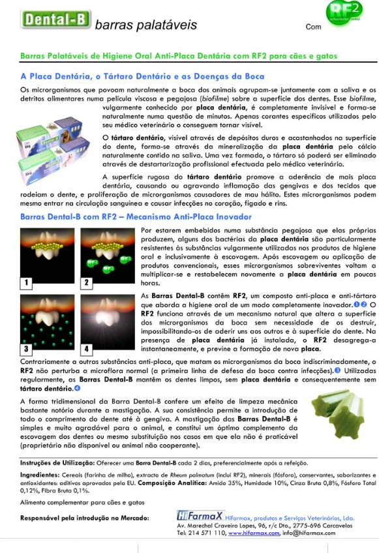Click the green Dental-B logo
(56, 20)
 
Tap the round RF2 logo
(344, 14)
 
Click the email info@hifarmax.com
(309, 533)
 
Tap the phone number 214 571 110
(207, 533)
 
